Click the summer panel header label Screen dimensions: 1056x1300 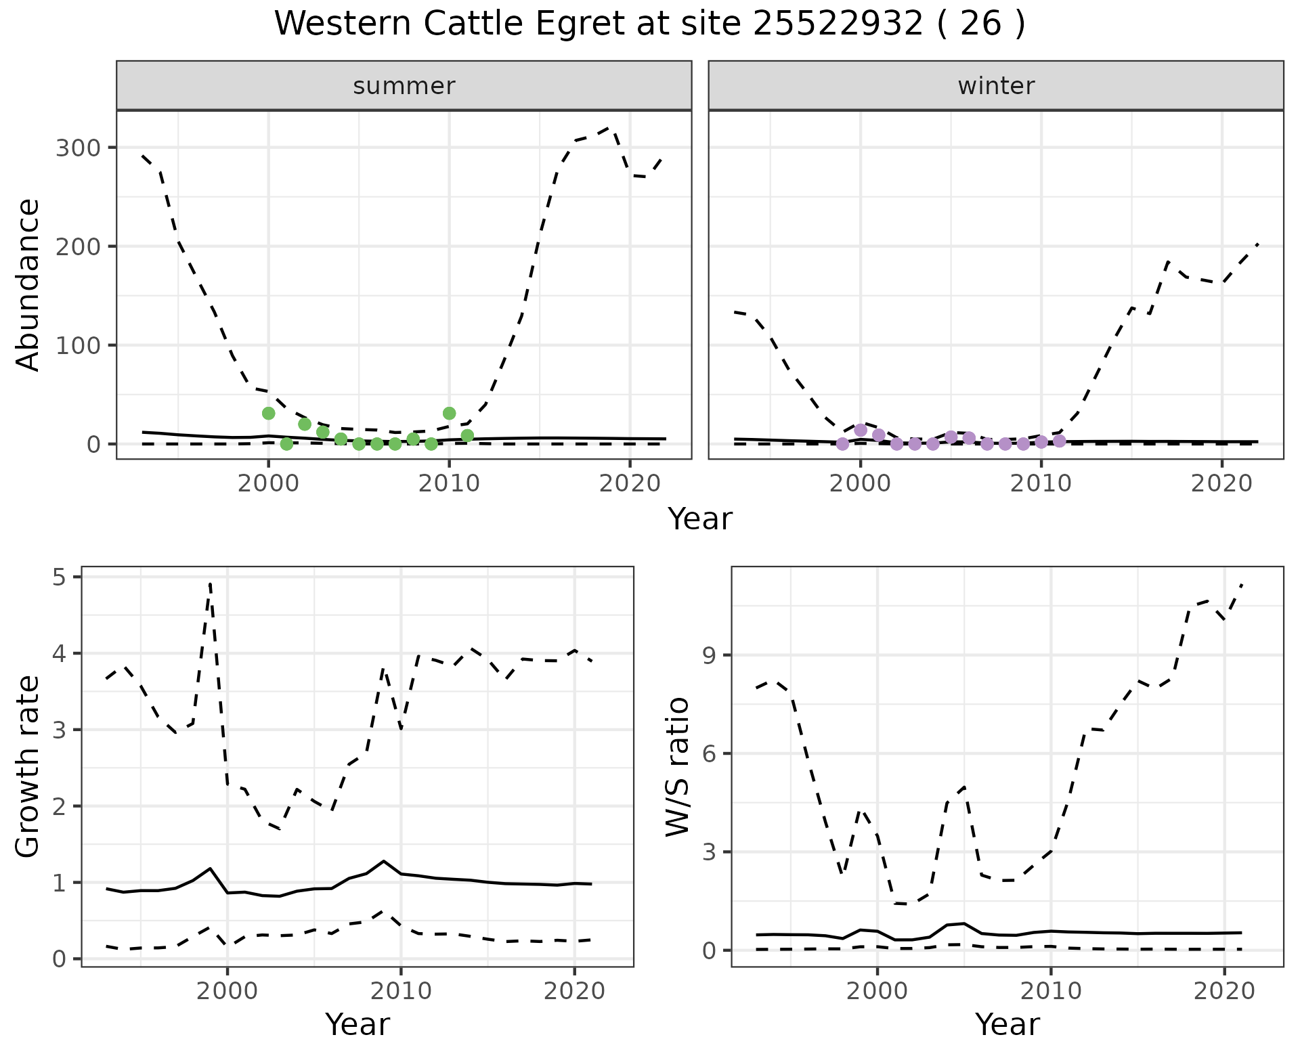tap(404, 86)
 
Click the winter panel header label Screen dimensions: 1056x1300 tap(996, 86)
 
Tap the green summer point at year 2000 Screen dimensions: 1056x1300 tap(269, 413)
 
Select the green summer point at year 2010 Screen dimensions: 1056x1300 tap(449, 413)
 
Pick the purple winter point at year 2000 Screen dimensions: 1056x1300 tap(861, 430)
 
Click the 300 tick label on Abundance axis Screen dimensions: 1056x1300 tap(77, 148)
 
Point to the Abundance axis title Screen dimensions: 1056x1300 tap(28, 284)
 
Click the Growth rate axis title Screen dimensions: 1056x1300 tap(28, 766)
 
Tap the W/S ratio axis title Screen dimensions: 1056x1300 tap(678, 766)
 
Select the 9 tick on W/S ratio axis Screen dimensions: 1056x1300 tap(709, 655)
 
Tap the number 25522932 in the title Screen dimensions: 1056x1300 tap(838, 24)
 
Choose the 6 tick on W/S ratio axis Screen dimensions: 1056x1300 tap(709, 753)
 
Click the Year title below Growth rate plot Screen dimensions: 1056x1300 tap(357, 1024)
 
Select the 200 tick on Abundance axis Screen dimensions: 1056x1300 tap(77, 246)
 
